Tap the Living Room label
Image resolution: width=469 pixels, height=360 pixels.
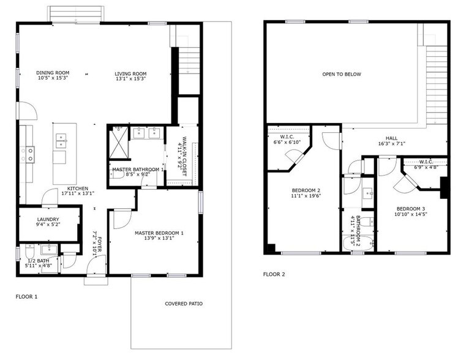[x=130, y=73]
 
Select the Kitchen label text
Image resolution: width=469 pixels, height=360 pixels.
[x=78, y=188]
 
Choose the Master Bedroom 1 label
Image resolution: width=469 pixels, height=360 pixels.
[x=159, y=233]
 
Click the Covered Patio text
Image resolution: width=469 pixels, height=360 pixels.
[x=184, y=304]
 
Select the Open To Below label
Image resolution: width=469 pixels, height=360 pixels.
[x=342, y=74]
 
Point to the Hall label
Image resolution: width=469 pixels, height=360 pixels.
[x=392, y=138]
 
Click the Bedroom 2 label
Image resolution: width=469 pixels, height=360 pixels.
[x=306, y=190]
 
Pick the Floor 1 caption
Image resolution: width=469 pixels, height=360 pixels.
[x=26, y=296]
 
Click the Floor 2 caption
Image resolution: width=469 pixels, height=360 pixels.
[x=274, y=274]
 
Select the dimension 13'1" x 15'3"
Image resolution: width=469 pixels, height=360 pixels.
[x=130, y=79]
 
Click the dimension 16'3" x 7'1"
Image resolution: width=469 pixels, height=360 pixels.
[x=392, y=144]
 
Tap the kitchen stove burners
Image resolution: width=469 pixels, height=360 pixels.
[x=28, y=154]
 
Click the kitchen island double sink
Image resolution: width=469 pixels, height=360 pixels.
[x=61, y=140]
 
